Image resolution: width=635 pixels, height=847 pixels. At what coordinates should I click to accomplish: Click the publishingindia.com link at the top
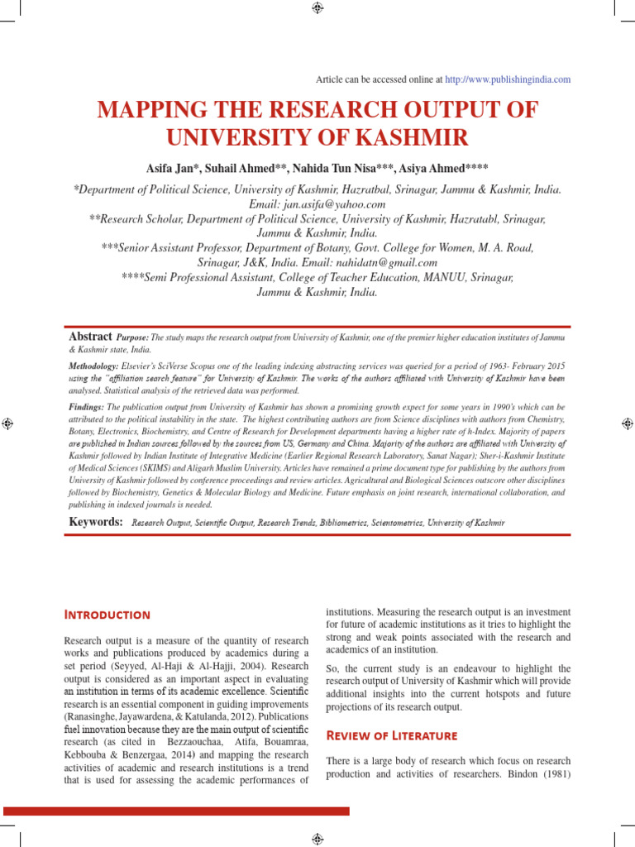pyautogui.click(x=508, y=79)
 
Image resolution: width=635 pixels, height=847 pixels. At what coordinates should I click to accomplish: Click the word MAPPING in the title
pyautogui.click(x=152, y=112)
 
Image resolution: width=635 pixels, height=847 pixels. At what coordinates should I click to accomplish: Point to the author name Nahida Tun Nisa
pyautogui.click(x=336, y=169)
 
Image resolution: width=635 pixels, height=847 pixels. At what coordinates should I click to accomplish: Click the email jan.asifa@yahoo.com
pyautogui.click(x=317, y=203)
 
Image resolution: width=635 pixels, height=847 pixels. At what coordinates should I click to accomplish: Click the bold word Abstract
pyautogui.click(x=91, y=337)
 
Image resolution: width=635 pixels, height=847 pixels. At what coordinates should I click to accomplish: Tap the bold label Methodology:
pyautogui.click(x=94, y=365)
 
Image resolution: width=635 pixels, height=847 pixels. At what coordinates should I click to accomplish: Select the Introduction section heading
pyautogui.click(x=107, y=615)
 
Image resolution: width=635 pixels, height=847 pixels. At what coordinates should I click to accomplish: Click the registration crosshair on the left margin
pyautogui.click(x=6, y=423)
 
